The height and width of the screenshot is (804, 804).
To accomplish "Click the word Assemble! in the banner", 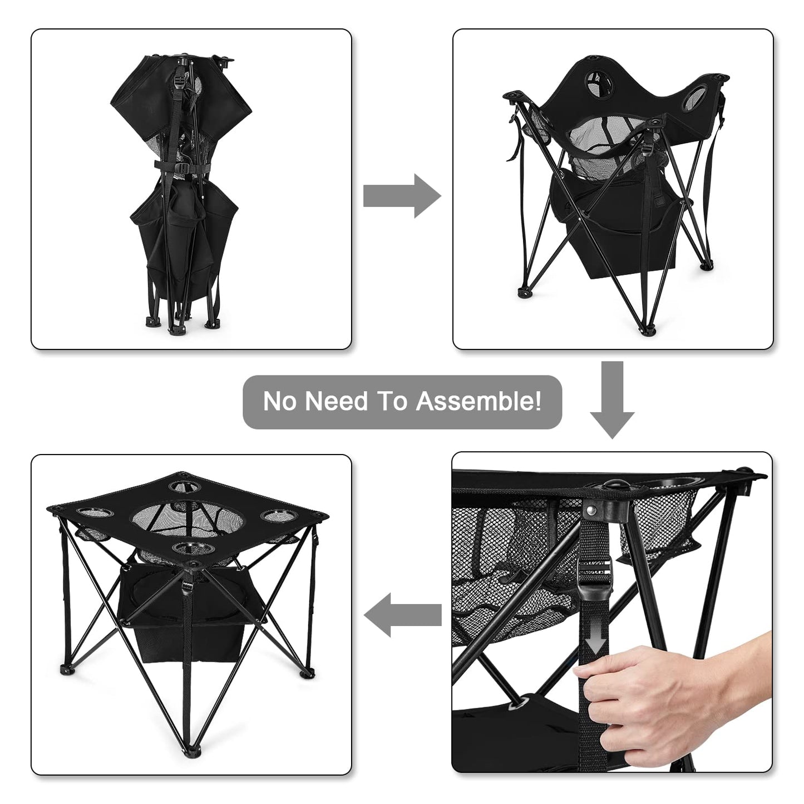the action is (x=479, y=401).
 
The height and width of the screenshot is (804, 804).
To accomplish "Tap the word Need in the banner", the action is (x=336, y=401).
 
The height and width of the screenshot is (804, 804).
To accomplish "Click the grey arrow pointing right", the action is (x=402, y=196).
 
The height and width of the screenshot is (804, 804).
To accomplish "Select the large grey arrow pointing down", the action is (x=612, y=399).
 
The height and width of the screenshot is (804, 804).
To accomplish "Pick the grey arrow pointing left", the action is (x=402, y=615).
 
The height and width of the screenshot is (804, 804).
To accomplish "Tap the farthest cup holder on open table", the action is (x=182, y=486).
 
